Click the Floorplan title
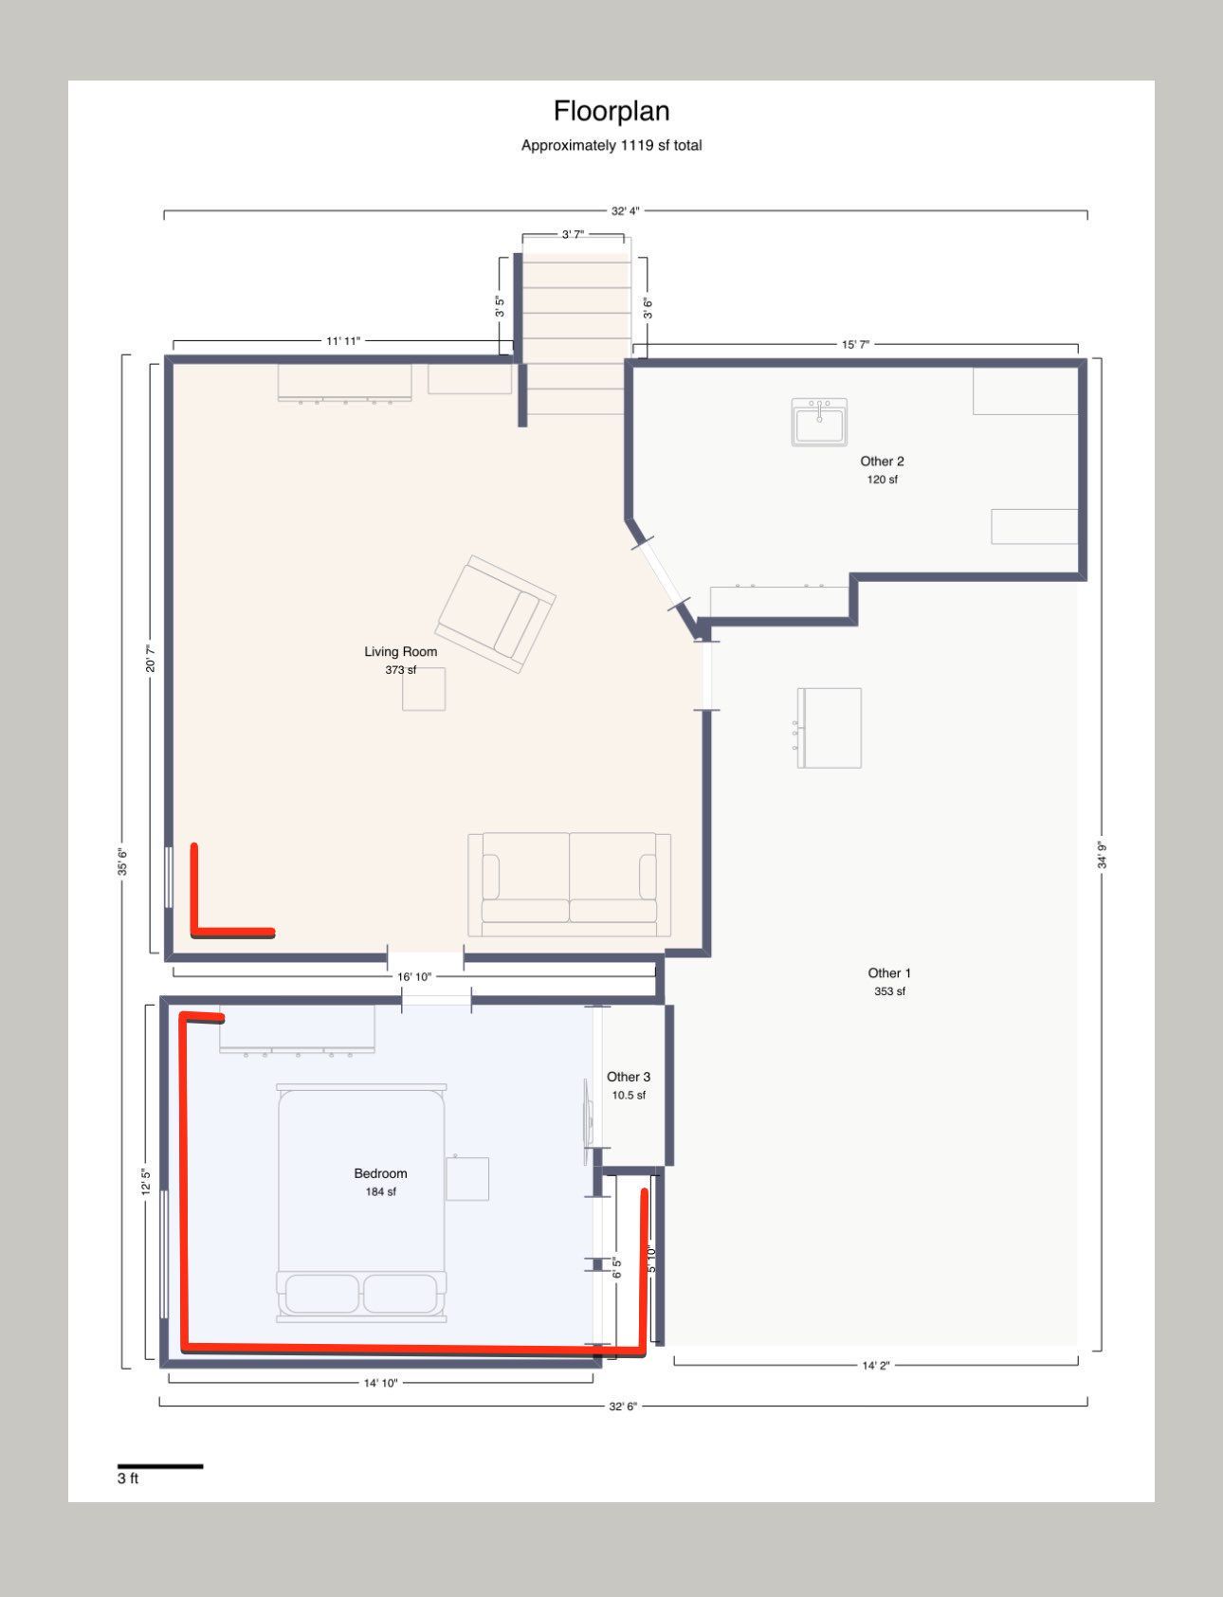pyautogui.click(x=611, y=111)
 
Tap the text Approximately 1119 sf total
pyautogui.click(x=611, y=145)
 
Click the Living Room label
pyautogui.click(x=400, y=651)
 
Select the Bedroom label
pyautogui.click(x=380, y=1173)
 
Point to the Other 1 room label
pyautogui.click(x=889, y=972)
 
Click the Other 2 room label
pyautogui.click(x=882, y=461)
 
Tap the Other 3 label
pyautogui.click(x=629, y=1077)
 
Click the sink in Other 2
pyautogui.click(x=819, y=422)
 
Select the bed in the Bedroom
pyautogui.click(x=360, y=1204)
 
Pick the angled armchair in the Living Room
pyautogui.click(x=496, y=614)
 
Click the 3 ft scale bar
pyautogui.click(x=159, y=1466)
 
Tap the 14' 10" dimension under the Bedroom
pyautogui.click(x=380, y=1383)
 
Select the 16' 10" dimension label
pyautogui.click(x=414, y=976)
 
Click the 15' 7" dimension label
pyautogui.click(x=855, y=344)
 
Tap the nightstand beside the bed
pyautogui.click(x=467, y=1178)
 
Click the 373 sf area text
pyautogui.click(x=400, y=670)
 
